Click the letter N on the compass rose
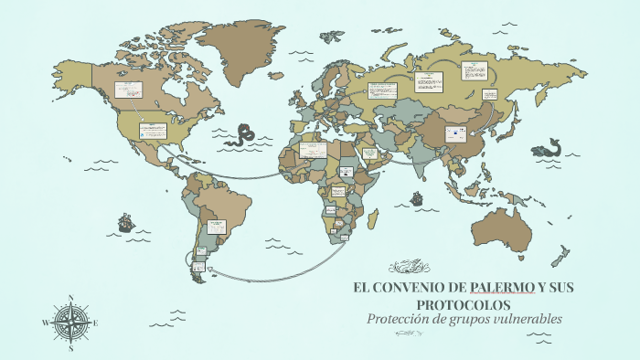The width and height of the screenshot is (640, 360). (71, 297)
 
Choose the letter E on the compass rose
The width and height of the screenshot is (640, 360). (96, 323)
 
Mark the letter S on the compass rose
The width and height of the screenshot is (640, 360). (71, 347)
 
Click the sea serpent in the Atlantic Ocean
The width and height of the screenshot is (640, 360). (243, 134)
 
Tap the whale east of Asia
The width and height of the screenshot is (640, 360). (549, 146)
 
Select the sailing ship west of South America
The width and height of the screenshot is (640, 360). (125, 222)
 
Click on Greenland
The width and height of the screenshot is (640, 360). (241, 46)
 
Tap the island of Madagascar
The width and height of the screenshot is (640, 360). (372, 218)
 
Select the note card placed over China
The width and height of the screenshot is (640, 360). (454, 134)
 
